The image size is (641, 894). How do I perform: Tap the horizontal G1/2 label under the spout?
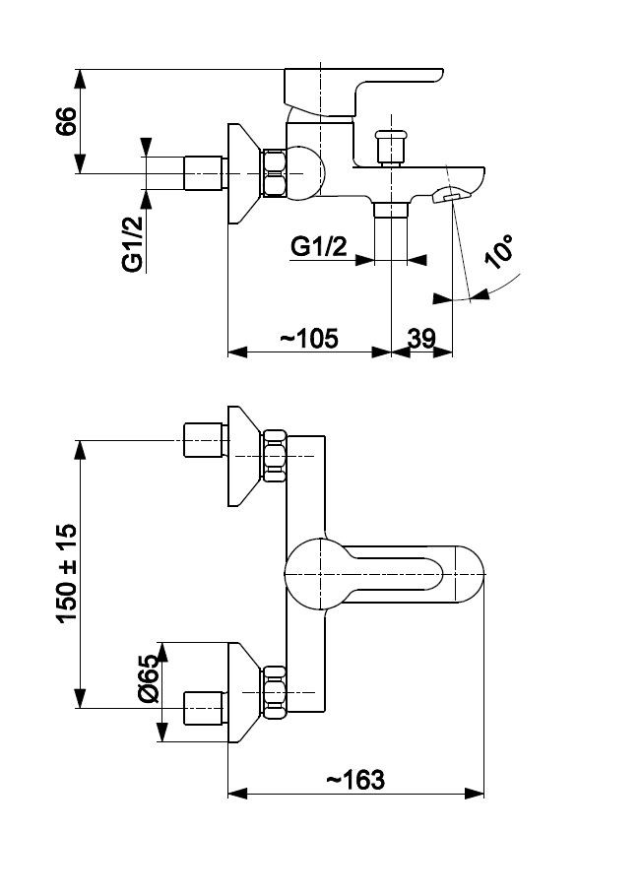point(318,247)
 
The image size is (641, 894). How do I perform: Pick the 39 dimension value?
point(421,339)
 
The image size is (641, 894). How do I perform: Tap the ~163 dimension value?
point(355,780)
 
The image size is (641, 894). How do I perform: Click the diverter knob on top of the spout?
point(391,147)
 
